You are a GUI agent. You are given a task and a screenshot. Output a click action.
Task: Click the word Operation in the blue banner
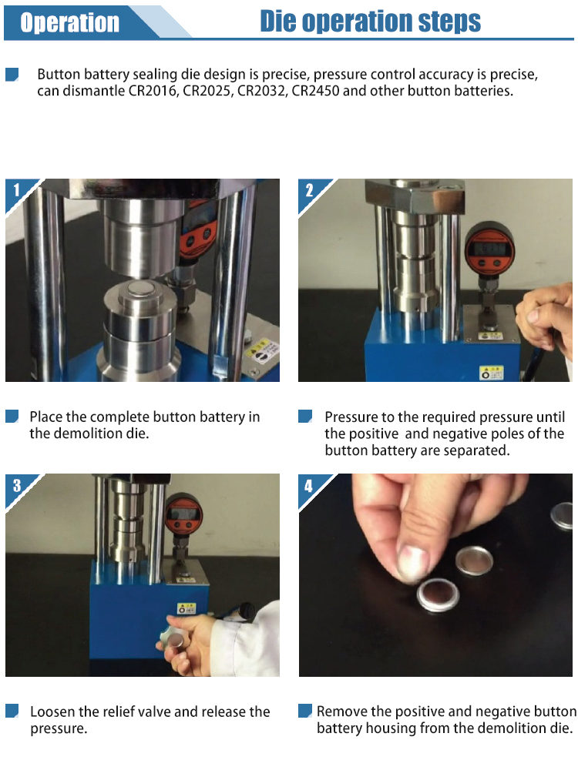[x=69, y=22]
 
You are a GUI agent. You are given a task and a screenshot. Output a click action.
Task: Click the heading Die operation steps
[x=370, y=21]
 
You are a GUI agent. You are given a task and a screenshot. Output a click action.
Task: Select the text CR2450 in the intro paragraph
[x=314, y=91]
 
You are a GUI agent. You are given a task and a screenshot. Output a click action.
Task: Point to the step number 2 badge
[x=309, y=190]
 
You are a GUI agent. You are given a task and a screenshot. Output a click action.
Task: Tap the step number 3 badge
[x=16, y=485]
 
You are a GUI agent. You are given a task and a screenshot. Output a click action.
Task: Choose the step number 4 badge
[x=309, y=486]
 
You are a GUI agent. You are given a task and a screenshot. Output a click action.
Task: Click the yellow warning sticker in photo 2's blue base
[x=490, y=373]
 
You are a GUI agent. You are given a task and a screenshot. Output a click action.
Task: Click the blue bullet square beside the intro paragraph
[x=12, y=74]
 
